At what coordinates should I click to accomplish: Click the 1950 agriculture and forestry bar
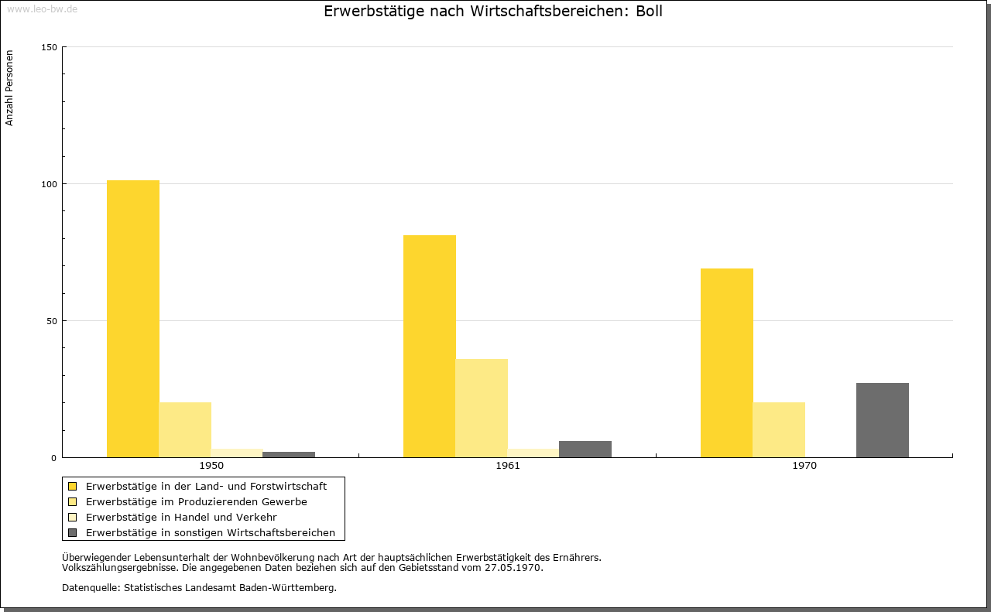point(132,319)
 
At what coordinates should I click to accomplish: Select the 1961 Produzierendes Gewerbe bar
point(482,409)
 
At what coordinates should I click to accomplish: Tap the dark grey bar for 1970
point(883,420)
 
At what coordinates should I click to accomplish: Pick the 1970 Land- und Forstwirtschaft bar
point(727,363)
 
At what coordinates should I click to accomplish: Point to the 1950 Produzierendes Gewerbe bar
point(185,430)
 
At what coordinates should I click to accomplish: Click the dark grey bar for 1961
point(585,450)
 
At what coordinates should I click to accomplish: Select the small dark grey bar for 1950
point(289,455)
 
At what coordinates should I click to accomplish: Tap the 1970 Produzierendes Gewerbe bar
point(779,430)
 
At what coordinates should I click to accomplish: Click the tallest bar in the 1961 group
point(430,347)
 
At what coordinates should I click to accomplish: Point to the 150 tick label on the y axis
point(49,47)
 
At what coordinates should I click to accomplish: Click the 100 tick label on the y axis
point(49,184)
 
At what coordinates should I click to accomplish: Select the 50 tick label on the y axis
point(52,321)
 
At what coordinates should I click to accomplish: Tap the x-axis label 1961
point(508,466)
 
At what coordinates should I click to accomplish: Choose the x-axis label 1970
point(804,466)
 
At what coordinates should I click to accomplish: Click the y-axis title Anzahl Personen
point(9,88)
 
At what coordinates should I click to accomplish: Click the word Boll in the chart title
point(649,11)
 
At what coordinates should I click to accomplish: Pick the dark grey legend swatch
point(72,533)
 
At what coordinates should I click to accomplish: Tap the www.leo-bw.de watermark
point(42,9)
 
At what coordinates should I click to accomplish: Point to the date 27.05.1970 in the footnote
point(513,568)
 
